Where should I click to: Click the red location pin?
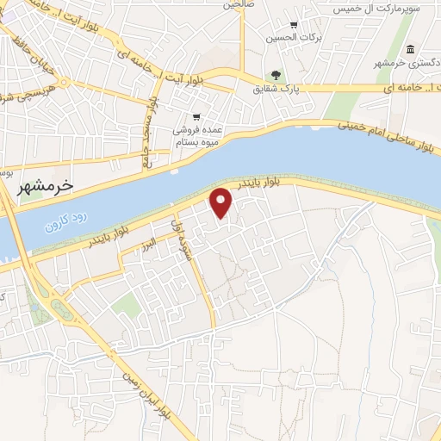[222, 202]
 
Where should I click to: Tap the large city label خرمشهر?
[47, 185]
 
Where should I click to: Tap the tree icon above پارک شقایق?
[276, 76]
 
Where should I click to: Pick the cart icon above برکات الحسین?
[294, 25]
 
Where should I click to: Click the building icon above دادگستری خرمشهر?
[407, 48]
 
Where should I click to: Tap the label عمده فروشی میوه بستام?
[199, 134]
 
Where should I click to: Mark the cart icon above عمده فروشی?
[197, 116]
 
